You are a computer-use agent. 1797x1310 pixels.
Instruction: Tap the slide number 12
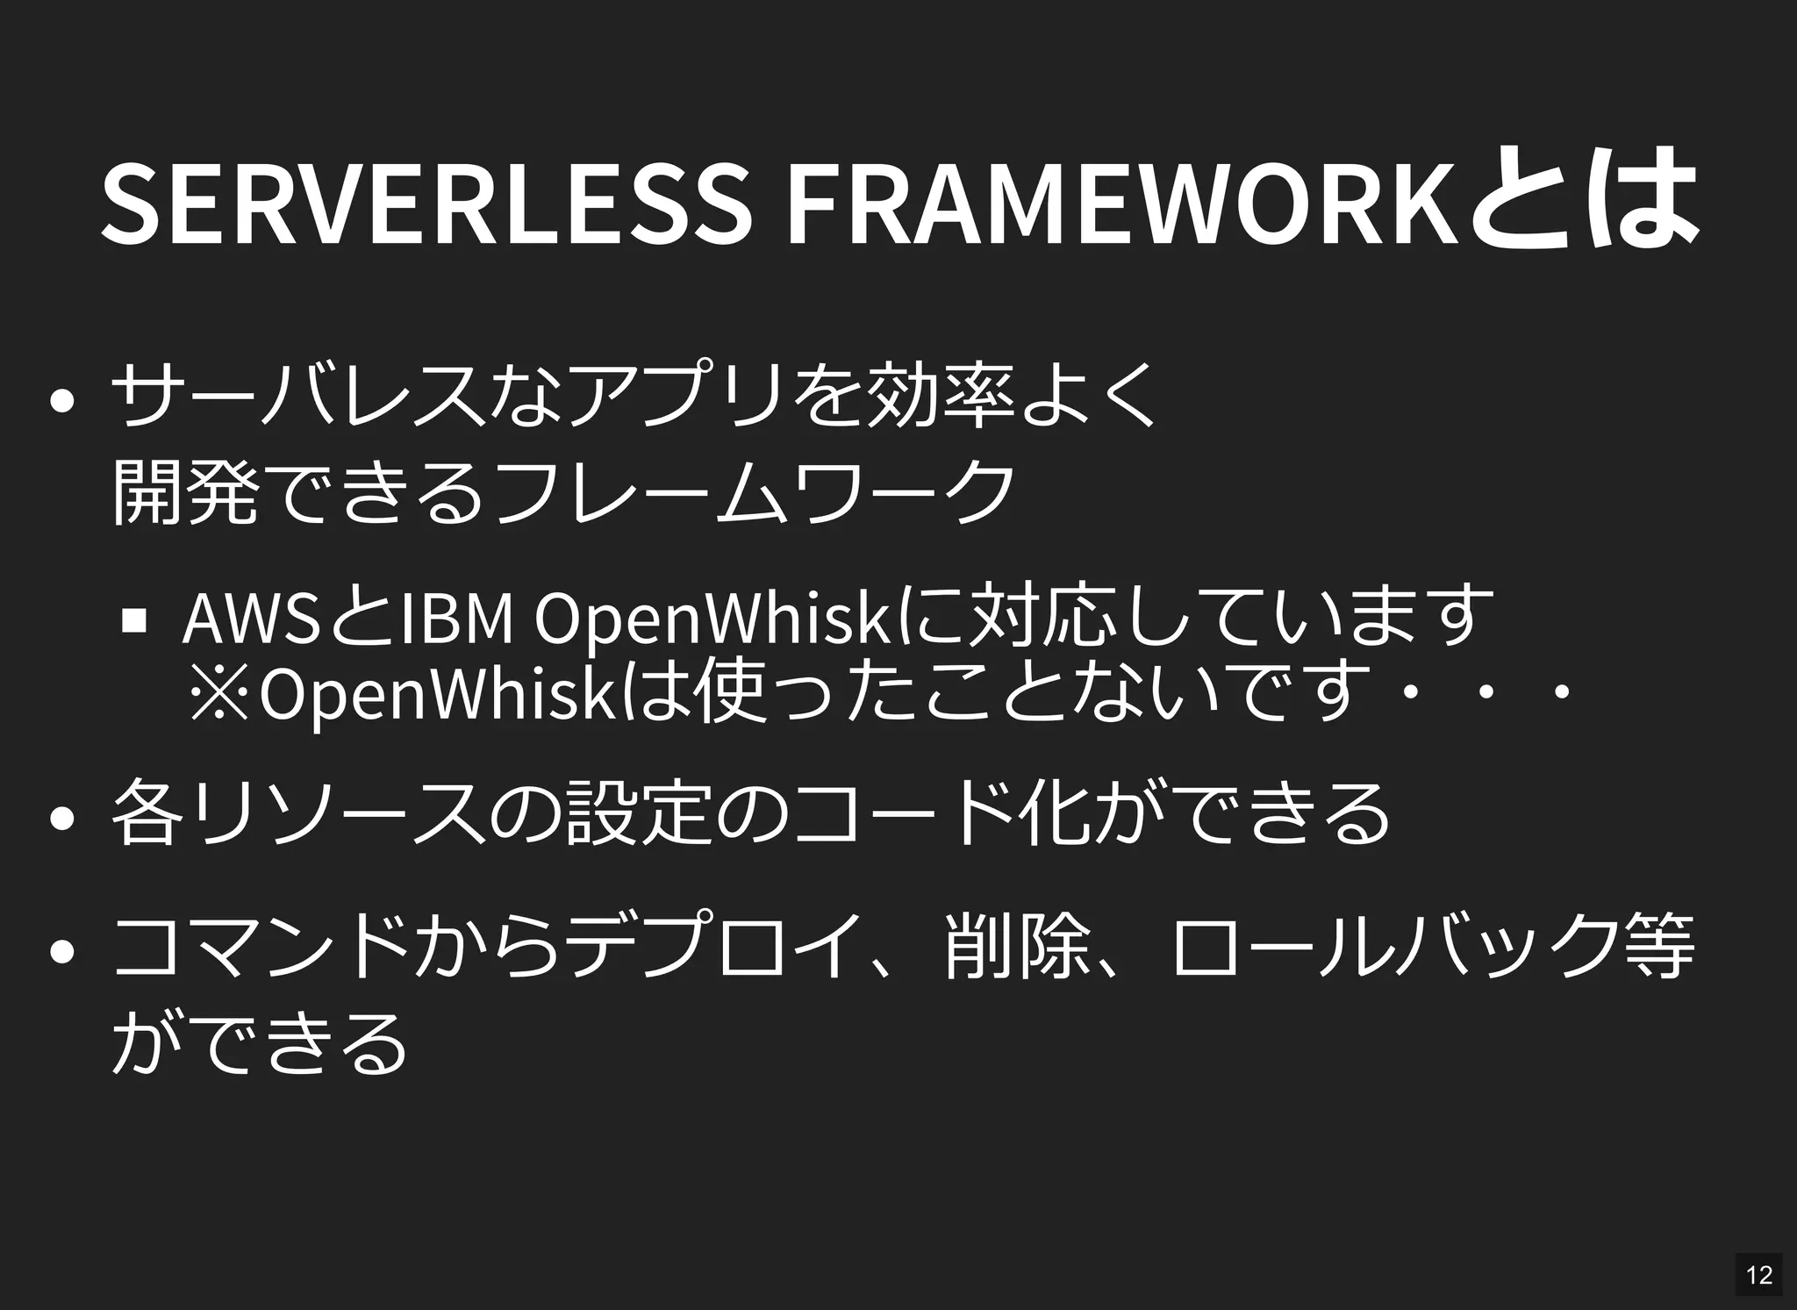(x=1758, y=1273)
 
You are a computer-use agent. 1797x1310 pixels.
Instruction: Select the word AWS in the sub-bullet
(x=250, y=619)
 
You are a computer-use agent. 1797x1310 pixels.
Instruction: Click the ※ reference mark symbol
(x=219, y=691)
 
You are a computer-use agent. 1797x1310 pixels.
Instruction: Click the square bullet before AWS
(x=134, y=620)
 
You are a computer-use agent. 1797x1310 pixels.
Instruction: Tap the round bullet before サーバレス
(x=61, y=400)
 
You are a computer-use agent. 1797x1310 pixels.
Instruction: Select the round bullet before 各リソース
(x=61, y=819)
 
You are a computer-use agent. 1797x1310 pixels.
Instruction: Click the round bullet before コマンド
(x=61, y=951)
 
